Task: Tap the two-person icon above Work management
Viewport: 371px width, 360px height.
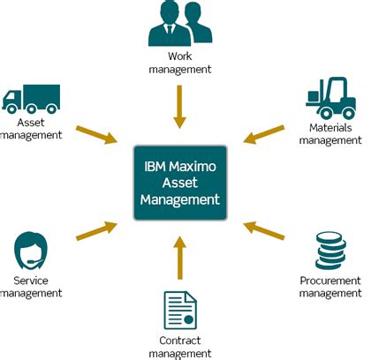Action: pos(179,25)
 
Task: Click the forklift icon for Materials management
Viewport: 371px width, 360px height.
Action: pos(328,100)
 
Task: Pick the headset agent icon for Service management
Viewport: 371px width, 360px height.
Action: pos(31,252)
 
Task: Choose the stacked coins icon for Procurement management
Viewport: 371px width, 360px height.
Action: pos(330,251)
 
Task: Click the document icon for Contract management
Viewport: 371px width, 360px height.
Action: pos(179,310)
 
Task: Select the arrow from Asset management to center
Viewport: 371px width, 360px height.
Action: pos(96,134)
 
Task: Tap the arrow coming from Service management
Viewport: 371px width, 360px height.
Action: pos(96,229)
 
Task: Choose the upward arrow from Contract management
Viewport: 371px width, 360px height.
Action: pos(179,256)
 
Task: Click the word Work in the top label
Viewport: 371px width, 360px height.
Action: pos(179,56)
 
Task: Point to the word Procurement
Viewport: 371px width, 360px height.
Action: pos(330,281)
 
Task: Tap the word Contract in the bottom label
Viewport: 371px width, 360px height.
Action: pos(179,339)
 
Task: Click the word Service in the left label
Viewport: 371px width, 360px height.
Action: pos(31,281)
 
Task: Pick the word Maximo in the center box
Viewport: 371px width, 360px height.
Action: pos(197,165)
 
